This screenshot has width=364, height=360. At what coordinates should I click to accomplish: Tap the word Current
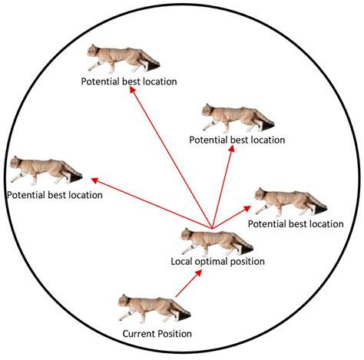pyautogui.click(x=139, y=334)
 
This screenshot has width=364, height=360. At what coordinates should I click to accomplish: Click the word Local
pyautogui.click(x=182, y=262)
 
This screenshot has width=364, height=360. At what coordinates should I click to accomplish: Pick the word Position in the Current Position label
pyautogui.click(x=174, y=334)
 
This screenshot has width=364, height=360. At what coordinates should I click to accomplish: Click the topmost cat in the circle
pyautogui.click(x=121, y=59)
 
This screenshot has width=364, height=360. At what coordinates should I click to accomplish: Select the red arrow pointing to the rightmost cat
pyautogui.click(x=232, y=217)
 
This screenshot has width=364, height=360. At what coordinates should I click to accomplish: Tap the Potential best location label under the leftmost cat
pyautogui.click(x=55, y=195)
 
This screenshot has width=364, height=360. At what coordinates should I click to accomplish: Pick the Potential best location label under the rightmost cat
pyautogui.click(x=296, y=223)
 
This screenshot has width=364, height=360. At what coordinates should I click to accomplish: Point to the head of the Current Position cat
pyautogui.click(x=125, y=301)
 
